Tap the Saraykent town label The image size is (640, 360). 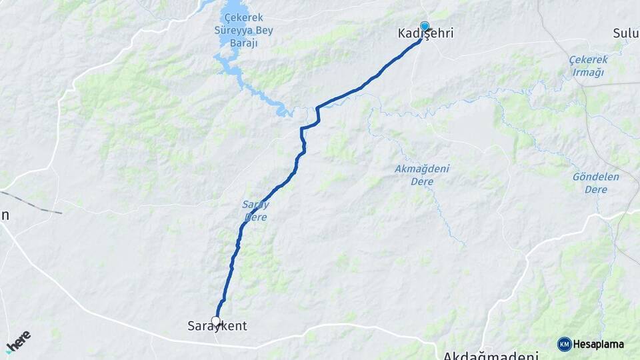pos(217,326)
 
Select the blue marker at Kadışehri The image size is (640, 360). pos(425,27)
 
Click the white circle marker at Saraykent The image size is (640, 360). pos(216,321)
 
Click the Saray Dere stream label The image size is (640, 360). pos(256,210)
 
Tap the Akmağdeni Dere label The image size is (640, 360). pos(421,175)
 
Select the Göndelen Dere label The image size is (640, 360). pos(595,183)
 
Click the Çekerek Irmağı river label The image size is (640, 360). pos(587,66)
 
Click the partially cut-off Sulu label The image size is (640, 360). pos(626,33)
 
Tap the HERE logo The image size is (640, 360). pos(18,342)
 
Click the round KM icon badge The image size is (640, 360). pos(564,344)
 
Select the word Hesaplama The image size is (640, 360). pos(599,345)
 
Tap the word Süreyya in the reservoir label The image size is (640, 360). pos(246,31)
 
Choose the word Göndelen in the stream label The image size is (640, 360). pos(595,177)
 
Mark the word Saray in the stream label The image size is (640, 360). pos(256,204)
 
